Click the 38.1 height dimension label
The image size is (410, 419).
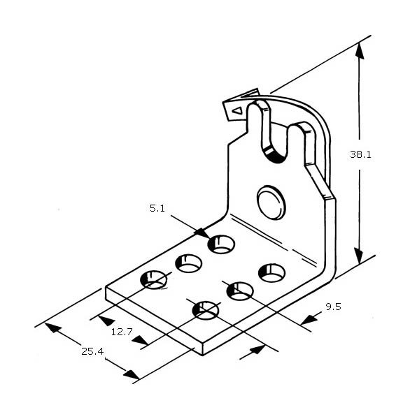360,154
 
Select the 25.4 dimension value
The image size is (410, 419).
92,351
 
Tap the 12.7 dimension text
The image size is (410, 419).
122,332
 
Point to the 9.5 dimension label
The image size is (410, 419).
333,307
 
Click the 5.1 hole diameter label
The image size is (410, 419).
157,208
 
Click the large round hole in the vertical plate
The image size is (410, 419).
271,203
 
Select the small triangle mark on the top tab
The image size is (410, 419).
238,110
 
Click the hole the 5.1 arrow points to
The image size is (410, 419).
221,244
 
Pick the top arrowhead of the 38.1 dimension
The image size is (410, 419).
360,51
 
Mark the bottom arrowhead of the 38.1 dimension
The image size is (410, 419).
359,256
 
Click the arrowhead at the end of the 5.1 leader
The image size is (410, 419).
202,233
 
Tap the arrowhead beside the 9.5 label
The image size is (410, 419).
309,320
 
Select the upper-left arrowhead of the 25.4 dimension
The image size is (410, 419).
53,328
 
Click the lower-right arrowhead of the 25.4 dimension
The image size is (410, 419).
131,374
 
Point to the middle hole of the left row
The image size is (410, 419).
188,263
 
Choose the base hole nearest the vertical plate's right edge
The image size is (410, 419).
271,273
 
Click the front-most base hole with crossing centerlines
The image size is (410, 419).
206,310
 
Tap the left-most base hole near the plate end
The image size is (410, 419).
153,280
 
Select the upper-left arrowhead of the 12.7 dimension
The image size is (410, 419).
106,321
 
